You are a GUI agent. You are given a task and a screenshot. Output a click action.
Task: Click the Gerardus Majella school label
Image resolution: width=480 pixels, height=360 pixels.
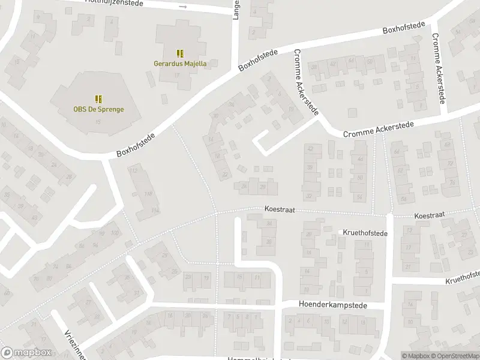click(180, 63)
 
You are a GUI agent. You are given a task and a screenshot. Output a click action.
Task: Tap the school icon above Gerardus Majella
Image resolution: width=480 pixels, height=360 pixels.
click(180, 53)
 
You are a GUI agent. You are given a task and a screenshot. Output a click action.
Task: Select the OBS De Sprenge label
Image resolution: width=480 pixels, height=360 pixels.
click(98, 109)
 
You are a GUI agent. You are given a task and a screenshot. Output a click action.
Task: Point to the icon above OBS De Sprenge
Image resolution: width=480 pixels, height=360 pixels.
click(98, 98)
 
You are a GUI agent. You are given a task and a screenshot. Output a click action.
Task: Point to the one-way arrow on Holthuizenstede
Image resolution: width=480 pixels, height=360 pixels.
click(184, 7)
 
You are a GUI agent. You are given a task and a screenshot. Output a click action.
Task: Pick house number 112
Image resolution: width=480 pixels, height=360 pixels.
click(134, 171)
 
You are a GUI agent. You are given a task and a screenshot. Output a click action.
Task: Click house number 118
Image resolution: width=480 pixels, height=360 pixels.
click(148, 193)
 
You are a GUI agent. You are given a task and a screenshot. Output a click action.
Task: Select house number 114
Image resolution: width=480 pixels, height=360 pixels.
click(155, 210)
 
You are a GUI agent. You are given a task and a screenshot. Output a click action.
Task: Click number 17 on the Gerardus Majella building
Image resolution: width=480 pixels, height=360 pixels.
click(176, 74)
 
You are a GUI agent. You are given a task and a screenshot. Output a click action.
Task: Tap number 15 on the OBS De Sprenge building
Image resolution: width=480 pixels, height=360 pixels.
click(98, 122)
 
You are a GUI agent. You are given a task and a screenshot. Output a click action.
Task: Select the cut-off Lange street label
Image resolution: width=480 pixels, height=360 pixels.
click(236, 10)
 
